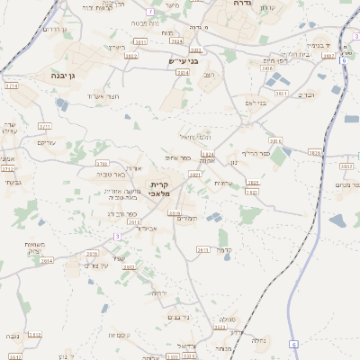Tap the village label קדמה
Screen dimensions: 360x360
coord(225,250)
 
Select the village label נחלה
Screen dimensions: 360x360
coord(258,340)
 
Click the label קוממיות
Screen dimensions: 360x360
coord(120,335)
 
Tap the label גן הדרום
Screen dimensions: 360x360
coord(55,30)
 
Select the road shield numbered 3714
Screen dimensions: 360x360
coord(12,85)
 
